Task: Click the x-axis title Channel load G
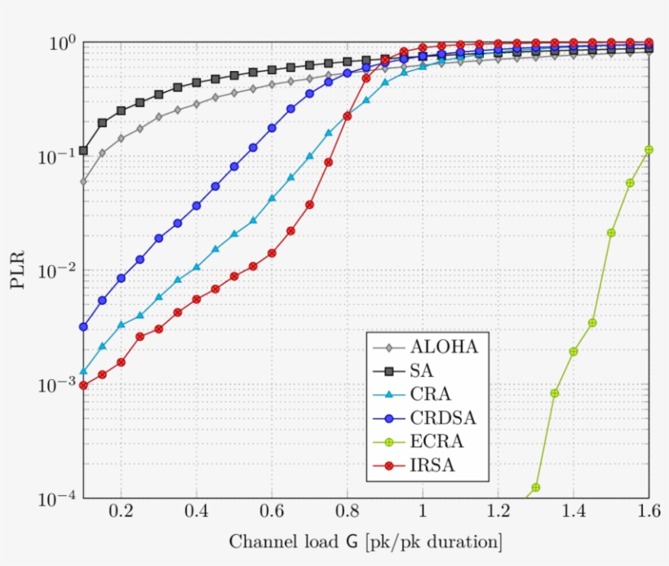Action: [x=365, y=542]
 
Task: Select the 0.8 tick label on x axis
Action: [x=347, y=514]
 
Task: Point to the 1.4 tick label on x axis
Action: [x=573, y=514]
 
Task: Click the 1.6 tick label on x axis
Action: [x=648, y=514]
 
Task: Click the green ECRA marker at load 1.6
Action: [x=649, y=149]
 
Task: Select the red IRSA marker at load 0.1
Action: [x=83, y=385]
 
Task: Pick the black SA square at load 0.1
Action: [x=83, y=151]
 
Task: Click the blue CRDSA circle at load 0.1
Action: [x=83, y=327]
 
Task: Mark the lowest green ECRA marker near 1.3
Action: [x=536, y=488]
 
